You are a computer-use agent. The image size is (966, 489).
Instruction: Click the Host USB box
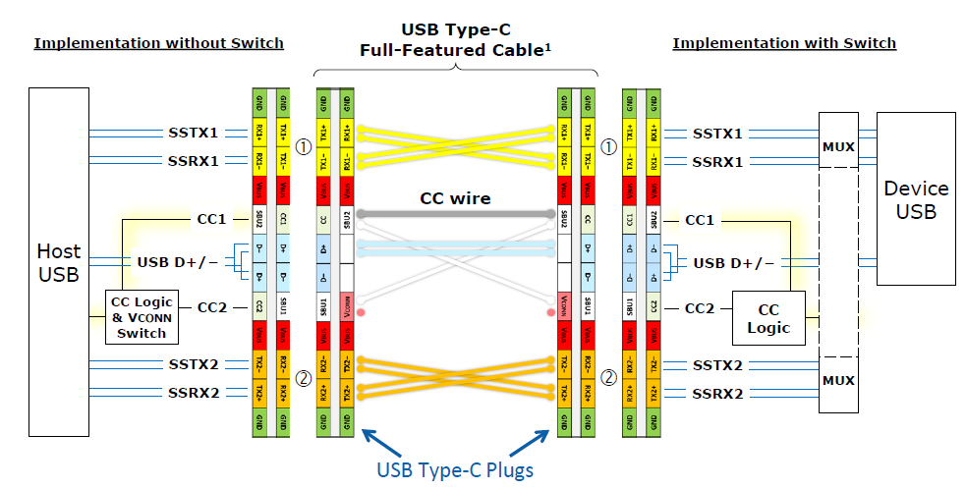click(58, 261)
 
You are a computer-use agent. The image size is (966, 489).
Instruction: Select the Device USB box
click(915, 199)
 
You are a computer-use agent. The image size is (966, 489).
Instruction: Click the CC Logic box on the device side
click(767, 317)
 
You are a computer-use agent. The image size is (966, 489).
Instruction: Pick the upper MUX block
click(838, 146)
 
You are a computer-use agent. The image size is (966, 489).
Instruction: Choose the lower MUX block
click(838, 379)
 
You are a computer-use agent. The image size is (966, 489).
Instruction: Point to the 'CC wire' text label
click(454, 198)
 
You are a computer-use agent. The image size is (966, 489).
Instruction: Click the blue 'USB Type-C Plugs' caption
click(455, 469)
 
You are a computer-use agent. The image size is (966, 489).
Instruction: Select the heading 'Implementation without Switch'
click(158, 43)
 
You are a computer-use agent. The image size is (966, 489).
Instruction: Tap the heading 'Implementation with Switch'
click(783, 43)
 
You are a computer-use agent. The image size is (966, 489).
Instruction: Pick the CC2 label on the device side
click(699, 307)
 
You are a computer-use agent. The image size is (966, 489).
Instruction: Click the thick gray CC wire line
click(454, 213)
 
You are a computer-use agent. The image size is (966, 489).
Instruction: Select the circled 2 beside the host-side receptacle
click(303, 377)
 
